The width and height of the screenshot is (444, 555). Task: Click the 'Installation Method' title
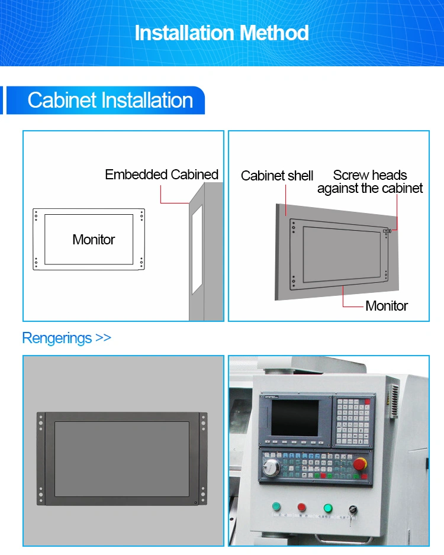[x=221, y=33]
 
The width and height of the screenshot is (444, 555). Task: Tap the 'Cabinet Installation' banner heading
[x=110, y=100]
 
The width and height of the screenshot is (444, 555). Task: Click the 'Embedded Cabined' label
[x=162, y=175]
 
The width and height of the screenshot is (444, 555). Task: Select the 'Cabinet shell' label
[x=277, y=176]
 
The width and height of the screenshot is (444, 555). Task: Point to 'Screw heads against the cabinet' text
[x=369, y=182]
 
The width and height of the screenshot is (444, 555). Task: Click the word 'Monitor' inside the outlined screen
[x=94, y=240]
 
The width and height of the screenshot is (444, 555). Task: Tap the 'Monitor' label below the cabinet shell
[x=387, y=306]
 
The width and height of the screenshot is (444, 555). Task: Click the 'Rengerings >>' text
[x=66, y=338]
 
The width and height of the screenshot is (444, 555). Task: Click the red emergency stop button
[x=360, y=464]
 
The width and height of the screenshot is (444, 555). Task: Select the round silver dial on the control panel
[x=271, y=468]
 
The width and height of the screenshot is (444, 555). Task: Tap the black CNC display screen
[x=295, y=418]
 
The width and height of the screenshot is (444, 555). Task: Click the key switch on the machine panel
[x=353, y=510]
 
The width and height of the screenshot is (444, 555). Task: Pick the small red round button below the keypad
[x=301, y=507]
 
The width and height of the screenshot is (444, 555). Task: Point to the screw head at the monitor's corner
[x=387, y=231]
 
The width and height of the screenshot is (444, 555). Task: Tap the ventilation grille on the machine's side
[x=392, y=400]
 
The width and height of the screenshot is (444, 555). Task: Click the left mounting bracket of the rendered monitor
[x=41, y=459]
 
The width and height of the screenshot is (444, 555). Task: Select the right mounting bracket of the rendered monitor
[x=203, y=459]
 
